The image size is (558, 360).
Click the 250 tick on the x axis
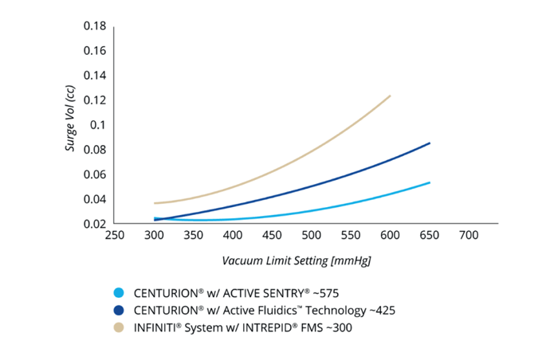pyautogui.click(x=115, y=237)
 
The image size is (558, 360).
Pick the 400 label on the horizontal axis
pyautogui.click(x=234, y=237)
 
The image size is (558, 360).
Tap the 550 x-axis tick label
pyautogui.click(x=352, y=237)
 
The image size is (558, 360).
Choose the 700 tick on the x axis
pyautogui.click(x=470, y=237)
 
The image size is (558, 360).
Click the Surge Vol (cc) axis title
pyautogui.click(x=70, y=124)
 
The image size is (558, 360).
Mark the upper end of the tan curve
pyautogui.click(x=391, y=96)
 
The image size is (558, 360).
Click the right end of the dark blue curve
pyautogui.click(x=430, y=143)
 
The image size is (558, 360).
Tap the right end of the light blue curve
pyautogui.click(x=430, y=182)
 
